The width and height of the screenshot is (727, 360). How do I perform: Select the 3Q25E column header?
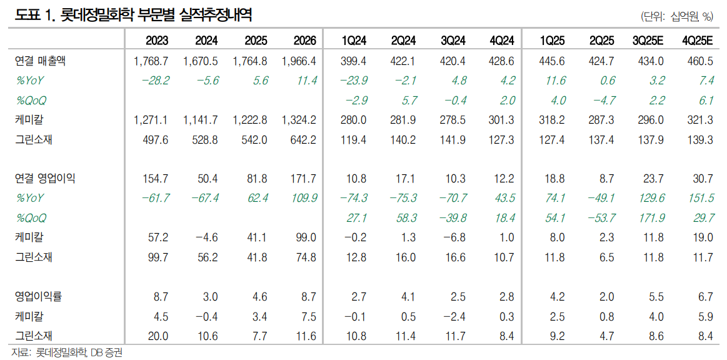click(648, 41)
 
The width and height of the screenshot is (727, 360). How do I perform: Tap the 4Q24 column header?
click(502, 41)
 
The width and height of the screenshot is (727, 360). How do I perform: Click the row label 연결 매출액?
click(40, 61)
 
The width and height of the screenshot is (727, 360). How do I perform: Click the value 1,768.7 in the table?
click(151, 61)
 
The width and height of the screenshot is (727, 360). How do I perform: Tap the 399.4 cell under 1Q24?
click(354, 61)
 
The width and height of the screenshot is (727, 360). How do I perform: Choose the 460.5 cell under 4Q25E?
click(699, 61)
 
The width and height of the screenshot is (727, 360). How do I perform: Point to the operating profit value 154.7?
click(156, 179)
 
